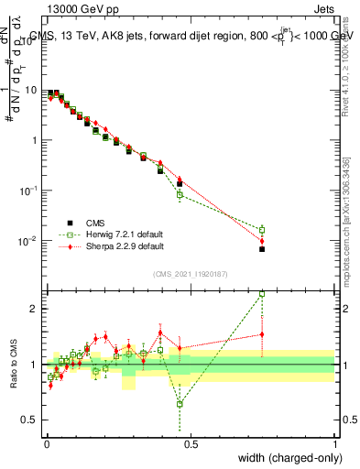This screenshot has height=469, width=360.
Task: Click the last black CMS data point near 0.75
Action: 262,249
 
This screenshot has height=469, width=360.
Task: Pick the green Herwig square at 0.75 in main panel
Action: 262,230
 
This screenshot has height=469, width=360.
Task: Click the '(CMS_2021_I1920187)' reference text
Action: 190,274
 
